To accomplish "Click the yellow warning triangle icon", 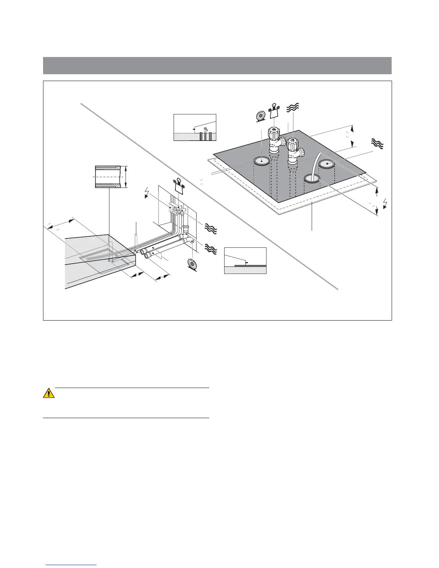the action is [49, 393].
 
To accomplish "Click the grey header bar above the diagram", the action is [217, 65].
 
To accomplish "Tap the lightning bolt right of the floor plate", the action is [385, 203].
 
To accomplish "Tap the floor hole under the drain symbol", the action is [262, 161].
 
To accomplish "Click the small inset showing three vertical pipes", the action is [195, 127].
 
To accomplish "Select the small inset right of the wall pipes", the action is [245, 261].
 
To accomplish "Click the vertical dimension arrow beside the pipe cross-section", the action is [126, 177].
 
